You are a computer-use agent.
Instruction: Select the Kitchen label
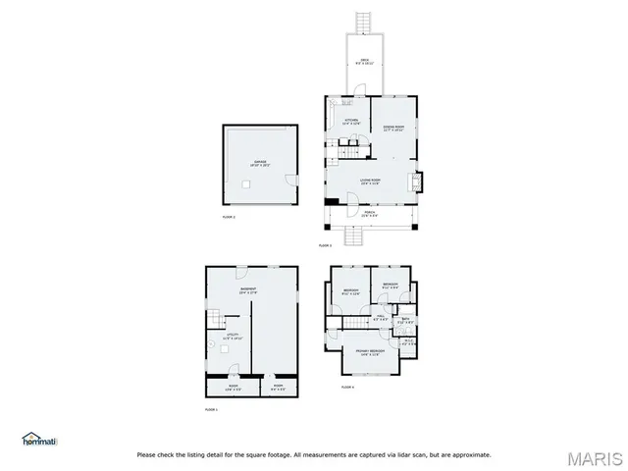(351, 123)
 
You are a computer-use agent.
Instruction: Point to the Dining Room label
(393, 128)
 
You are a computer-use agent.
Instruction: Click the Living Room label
(370, 182)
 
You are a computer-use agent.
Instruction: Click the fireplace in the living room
(419, 182)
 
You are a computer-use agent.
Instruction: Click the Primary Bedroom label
(370, 353)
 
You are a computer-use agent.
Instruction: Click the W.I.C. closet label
(409, 342)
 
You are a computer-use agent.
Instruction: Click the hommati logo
(40, 438)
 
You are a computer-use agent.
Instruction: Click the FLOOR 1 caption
(211, 408)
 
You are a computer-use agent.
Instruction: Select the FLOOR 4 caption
(347, 388)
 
